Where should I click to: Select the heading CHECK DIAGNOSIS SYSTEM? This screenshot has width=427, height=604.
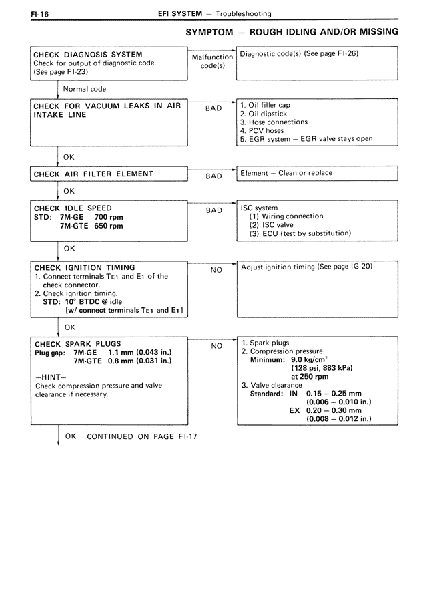tap(87, 55)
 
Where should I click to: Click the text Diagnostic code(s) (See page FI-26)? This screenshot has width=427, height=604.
tap(299, 54)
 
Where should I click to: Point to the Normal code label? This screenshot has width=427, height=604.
tap(85, 88)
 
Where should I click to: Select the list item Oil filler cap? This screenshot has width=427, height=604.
tap(265, 105)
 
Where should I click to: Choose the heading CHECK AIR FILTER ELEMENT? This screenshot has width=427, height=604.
tap(93, 174)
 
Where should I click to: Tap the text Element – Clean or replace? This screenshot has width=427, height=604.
tap(286, 173)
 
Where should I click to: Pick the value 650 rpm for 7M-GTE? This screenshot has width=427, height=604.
tap(109, 226)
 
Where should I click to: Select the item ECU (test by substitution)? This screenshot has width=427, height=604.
tap(300, 233)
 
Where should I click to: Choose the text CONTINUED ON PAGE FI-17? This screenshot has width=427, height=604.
tap(142, 438)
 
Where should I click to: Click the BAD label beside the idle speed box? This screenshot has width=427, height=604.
tap(213, 210)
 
